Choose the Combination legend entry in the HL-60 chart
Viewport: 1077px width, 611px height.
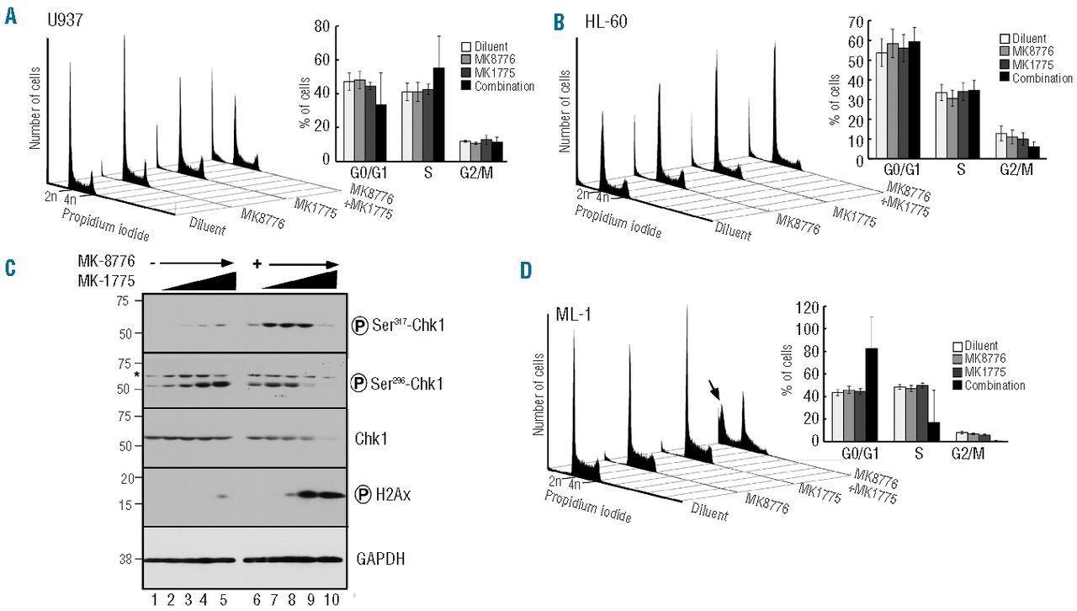(x=1042, y=78)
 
